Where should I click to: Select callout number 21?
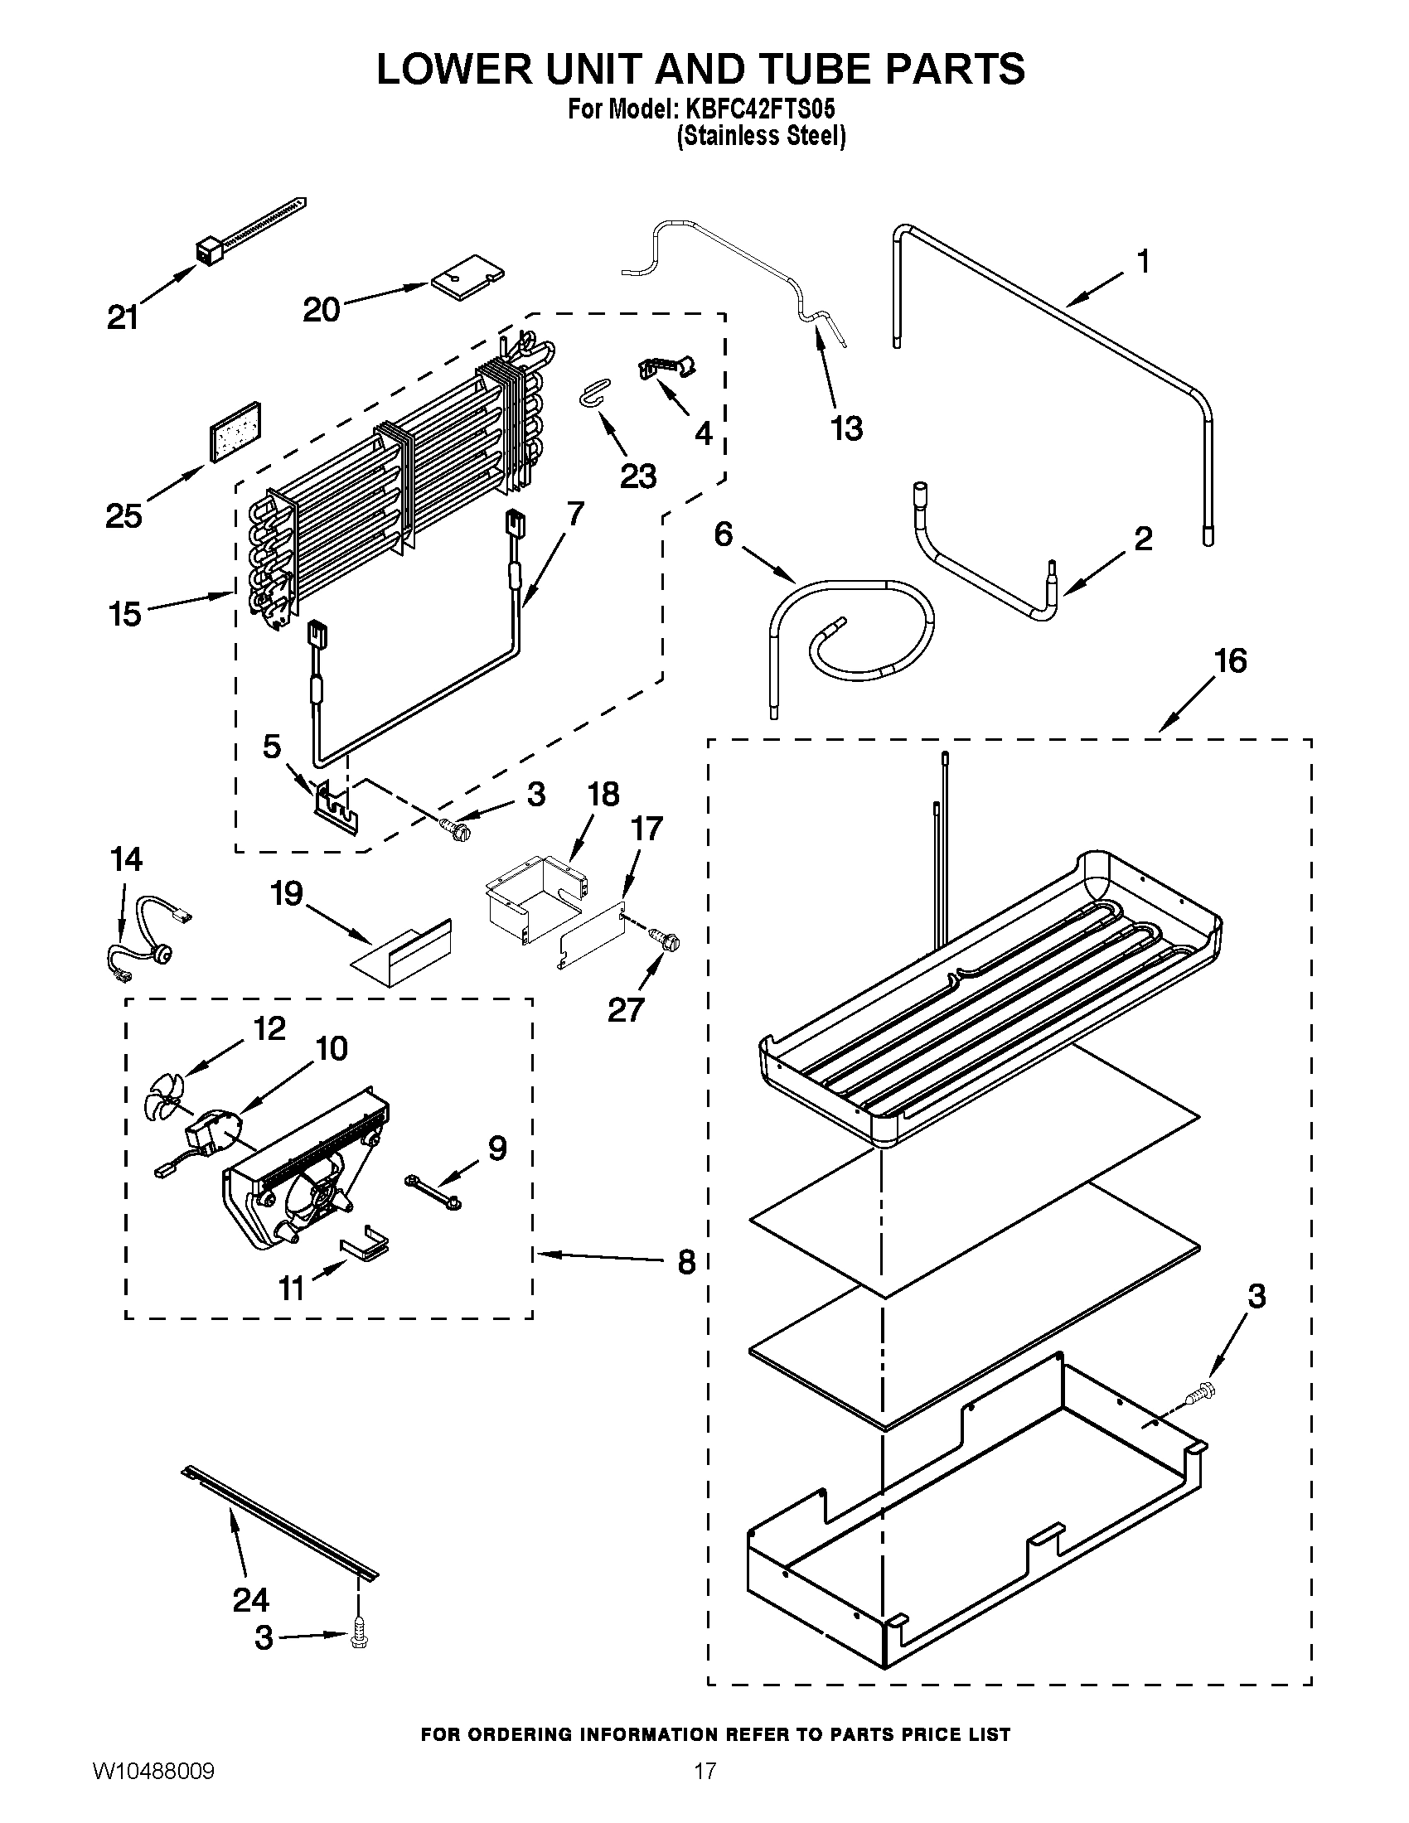tap(123, 317)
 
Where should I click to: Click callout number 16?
tap(1230, 662)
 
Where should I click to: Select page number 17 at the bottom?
tap(705, 1793)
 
